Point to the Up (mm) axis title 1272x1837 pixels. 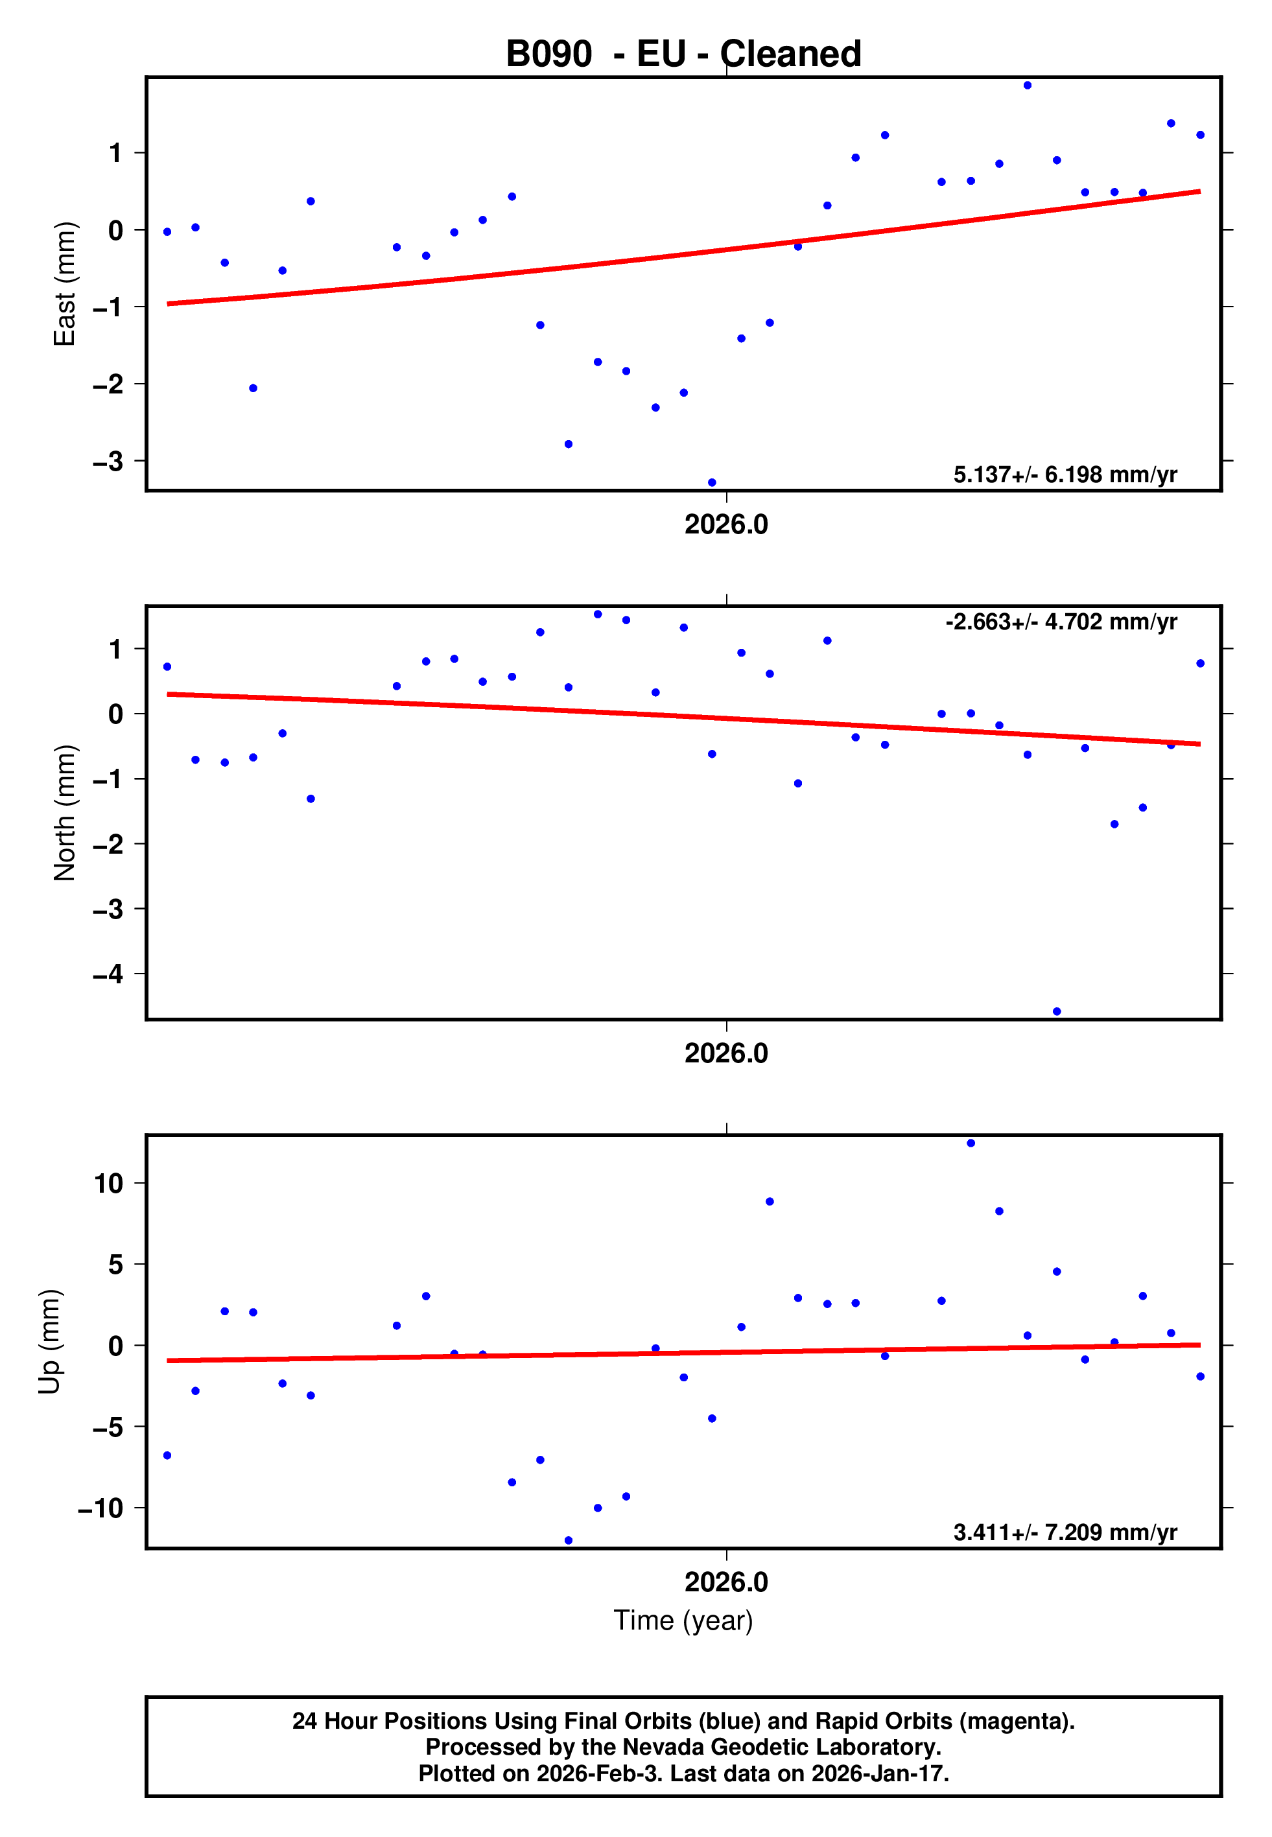[49, 1342]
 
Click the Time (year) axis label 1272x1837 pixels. [683, 1621]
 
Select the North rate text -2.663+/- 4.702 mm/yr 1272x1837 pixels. [1061, 622]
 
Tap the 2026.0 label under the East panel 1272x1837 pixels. [726, 524]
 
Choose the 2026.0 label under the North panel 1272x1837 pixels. [726, 1053]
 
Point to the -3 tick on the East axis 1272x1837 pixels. [108, 462]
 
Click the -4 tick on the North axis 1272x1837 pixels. [108, 974]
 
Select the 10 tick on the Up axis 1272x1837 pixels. [109, 1183]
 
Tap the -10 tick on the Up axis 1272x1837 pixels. [101, 1508]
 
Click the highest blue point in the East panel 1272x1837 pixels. [1028, 85]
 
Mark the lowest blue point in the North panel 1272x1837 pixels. [1057, 1012]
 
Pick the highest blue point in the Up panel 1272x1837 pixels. [971, 1143]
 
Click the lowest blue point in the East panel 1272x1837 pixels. [712, 483]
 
